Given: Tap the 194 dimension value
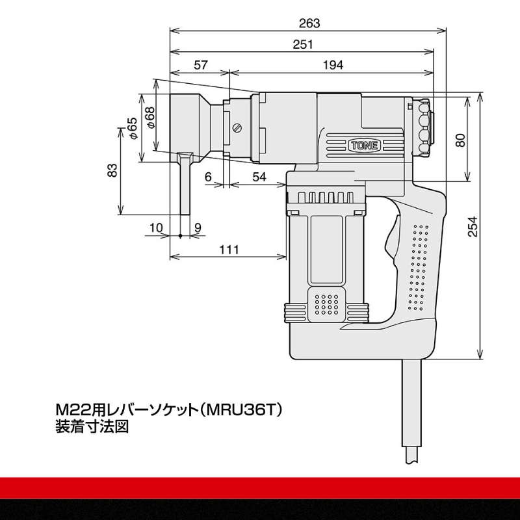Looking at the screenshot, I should click(x=332, y=65).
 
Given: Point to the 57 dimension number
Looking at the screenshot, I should click(x=201, y=65).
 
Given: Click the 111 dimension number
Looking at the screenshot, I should click(x=228, y=250).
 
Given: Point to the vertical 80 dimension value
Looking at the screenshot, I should click(x=460, y=140).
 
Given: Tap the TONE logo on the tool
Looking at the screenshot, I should click(x=362, y=146).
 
